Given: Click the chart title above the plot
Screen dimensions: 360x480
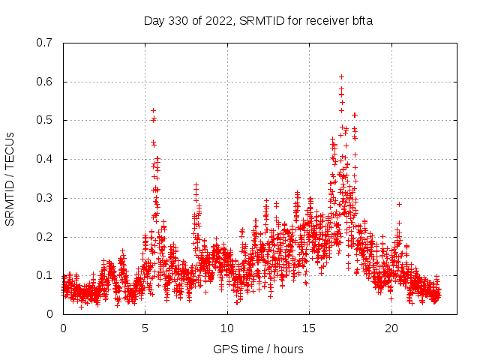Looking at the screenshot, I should click(259, 20).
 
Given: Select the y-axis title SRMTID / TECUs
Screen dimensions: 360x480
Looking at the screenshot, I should click(10, 178).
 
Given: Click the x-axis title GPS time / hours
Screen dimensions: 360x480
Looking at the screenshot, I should click(259, 349).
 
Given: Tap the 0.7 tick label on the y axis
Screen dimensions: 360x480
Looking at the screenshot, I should click(44, 43).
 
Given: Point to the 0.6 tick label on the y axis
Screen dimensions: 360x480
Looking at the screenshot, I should click(44, 82).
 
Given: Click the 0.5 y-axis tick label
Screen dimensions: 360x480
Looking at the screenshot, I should click(44, 120).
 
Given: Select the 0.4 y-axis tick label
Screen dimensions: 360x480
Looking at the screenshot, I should click(44, 159).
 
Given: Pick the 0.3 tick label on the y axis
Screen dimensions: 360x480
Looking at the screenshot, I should click(44, 198).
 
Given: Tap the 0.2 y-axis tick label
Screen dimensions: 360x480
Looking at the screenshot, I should click(44, 237).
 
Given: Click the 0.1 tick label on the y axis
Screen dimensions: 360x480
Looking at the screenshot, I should click(44, 275).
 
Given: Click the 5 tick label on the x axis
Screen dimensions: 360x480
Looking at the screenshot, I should click(145, 328).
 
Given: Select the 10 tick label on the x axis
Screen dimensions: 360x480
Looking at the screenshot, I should click(227, 328).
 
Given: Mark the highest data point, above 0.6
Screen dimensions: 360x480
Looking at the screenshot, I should click(341, 76).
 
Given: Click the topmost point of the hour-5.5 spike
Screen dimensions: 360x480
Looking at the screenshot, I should click(153, 110).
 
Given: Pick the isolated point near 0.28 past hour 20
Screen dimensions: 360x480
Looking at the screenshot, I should click(399, 204).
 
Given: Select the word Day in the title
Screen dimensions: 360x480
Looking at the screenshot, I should click(154, 20).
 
